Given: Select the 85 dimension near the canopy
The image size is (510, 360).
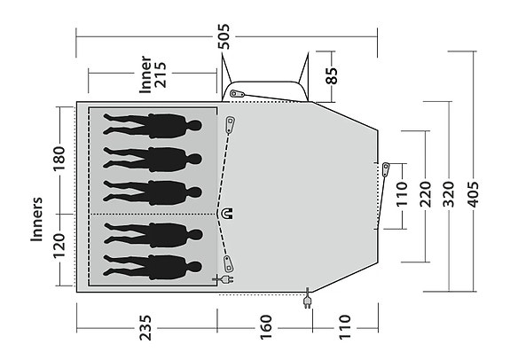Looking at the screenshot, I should (x=333, y=77).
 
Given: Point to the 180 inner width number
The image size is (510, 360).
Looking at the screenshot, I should (x=59, y=160).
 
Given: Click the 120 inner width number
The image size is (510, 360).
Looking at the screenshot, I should (x=59, y=251).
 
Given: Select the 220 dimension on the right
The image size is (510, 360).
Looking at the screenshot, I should (x=426, y=196).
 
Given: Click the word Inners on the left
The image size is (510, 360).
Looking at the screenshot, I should (x=37, y=218).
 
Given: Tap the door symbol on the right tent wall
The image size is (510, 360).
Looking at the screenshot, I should (x=385, y=168).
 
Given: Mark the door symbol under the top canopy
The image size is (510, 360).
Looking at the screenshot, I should (x=236, y=93).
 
